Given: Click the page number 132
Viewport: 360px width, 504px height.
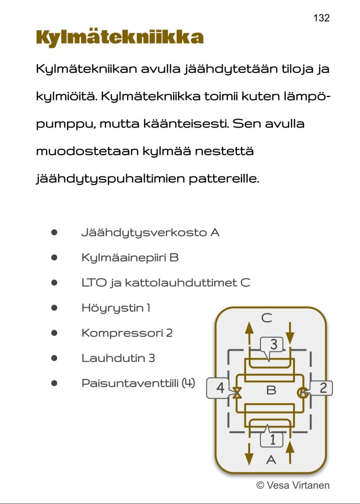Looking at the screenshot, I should coord(321,18).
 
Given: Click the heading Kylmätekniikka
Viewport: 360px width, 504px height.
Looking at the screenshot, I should coord(120,38).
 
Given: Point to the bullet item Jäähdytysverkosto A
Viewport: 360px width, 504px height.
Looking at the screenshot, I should coord(150,233).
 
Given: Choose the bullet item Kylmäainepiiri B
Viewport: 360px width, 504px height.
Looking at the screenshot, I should coord(130,258).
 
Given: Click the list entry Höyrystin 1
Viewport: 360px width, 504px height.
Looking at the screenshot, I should coord(116,308).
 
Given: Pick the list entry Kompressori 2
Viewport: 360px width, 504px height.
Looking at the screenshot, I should coord(127,333).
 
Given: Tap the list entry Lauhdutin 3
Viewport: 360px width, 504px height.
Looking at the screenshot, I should coord(118,358).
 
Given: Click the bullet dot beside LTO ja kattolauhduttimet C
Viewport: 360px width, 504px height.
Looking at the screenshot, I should coord(54,283).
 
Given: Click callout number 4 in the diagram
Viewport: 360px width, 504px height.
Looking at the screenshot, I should coord(219,388).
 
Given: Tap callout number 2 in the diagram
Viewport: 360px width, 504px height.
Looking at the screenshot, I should coord(323,388).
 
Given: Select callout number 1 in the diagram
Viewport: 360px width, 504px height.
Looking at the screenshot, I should coord(272,438).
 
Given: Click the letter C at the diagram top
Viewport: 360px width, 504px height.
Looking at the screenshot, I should coord(266,318).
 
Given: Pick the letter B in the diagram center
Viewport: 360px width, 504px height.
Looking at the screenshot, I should coord(271,391).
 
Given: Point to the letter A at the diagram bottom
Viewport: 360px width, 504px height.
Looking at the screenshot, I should coord(271,460).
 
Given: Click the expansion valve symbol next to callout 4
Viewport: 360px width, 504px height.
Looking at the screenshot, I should coord(237,393).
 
